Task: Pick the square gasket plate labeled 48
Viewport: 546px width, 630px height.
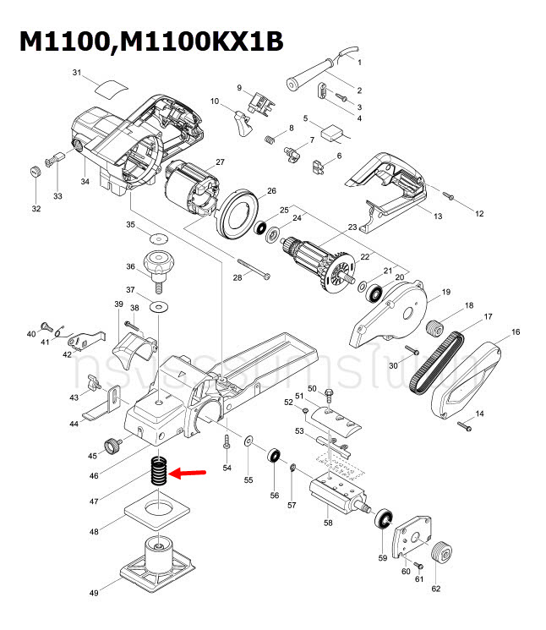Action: (154, 514)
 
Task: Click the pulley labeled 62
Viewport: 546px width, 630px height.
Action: (438, 556)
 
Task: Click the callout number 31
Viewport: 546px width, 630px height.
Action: (77, 74)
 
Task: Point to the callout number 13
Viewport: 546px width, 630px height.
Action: (437, 217)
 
